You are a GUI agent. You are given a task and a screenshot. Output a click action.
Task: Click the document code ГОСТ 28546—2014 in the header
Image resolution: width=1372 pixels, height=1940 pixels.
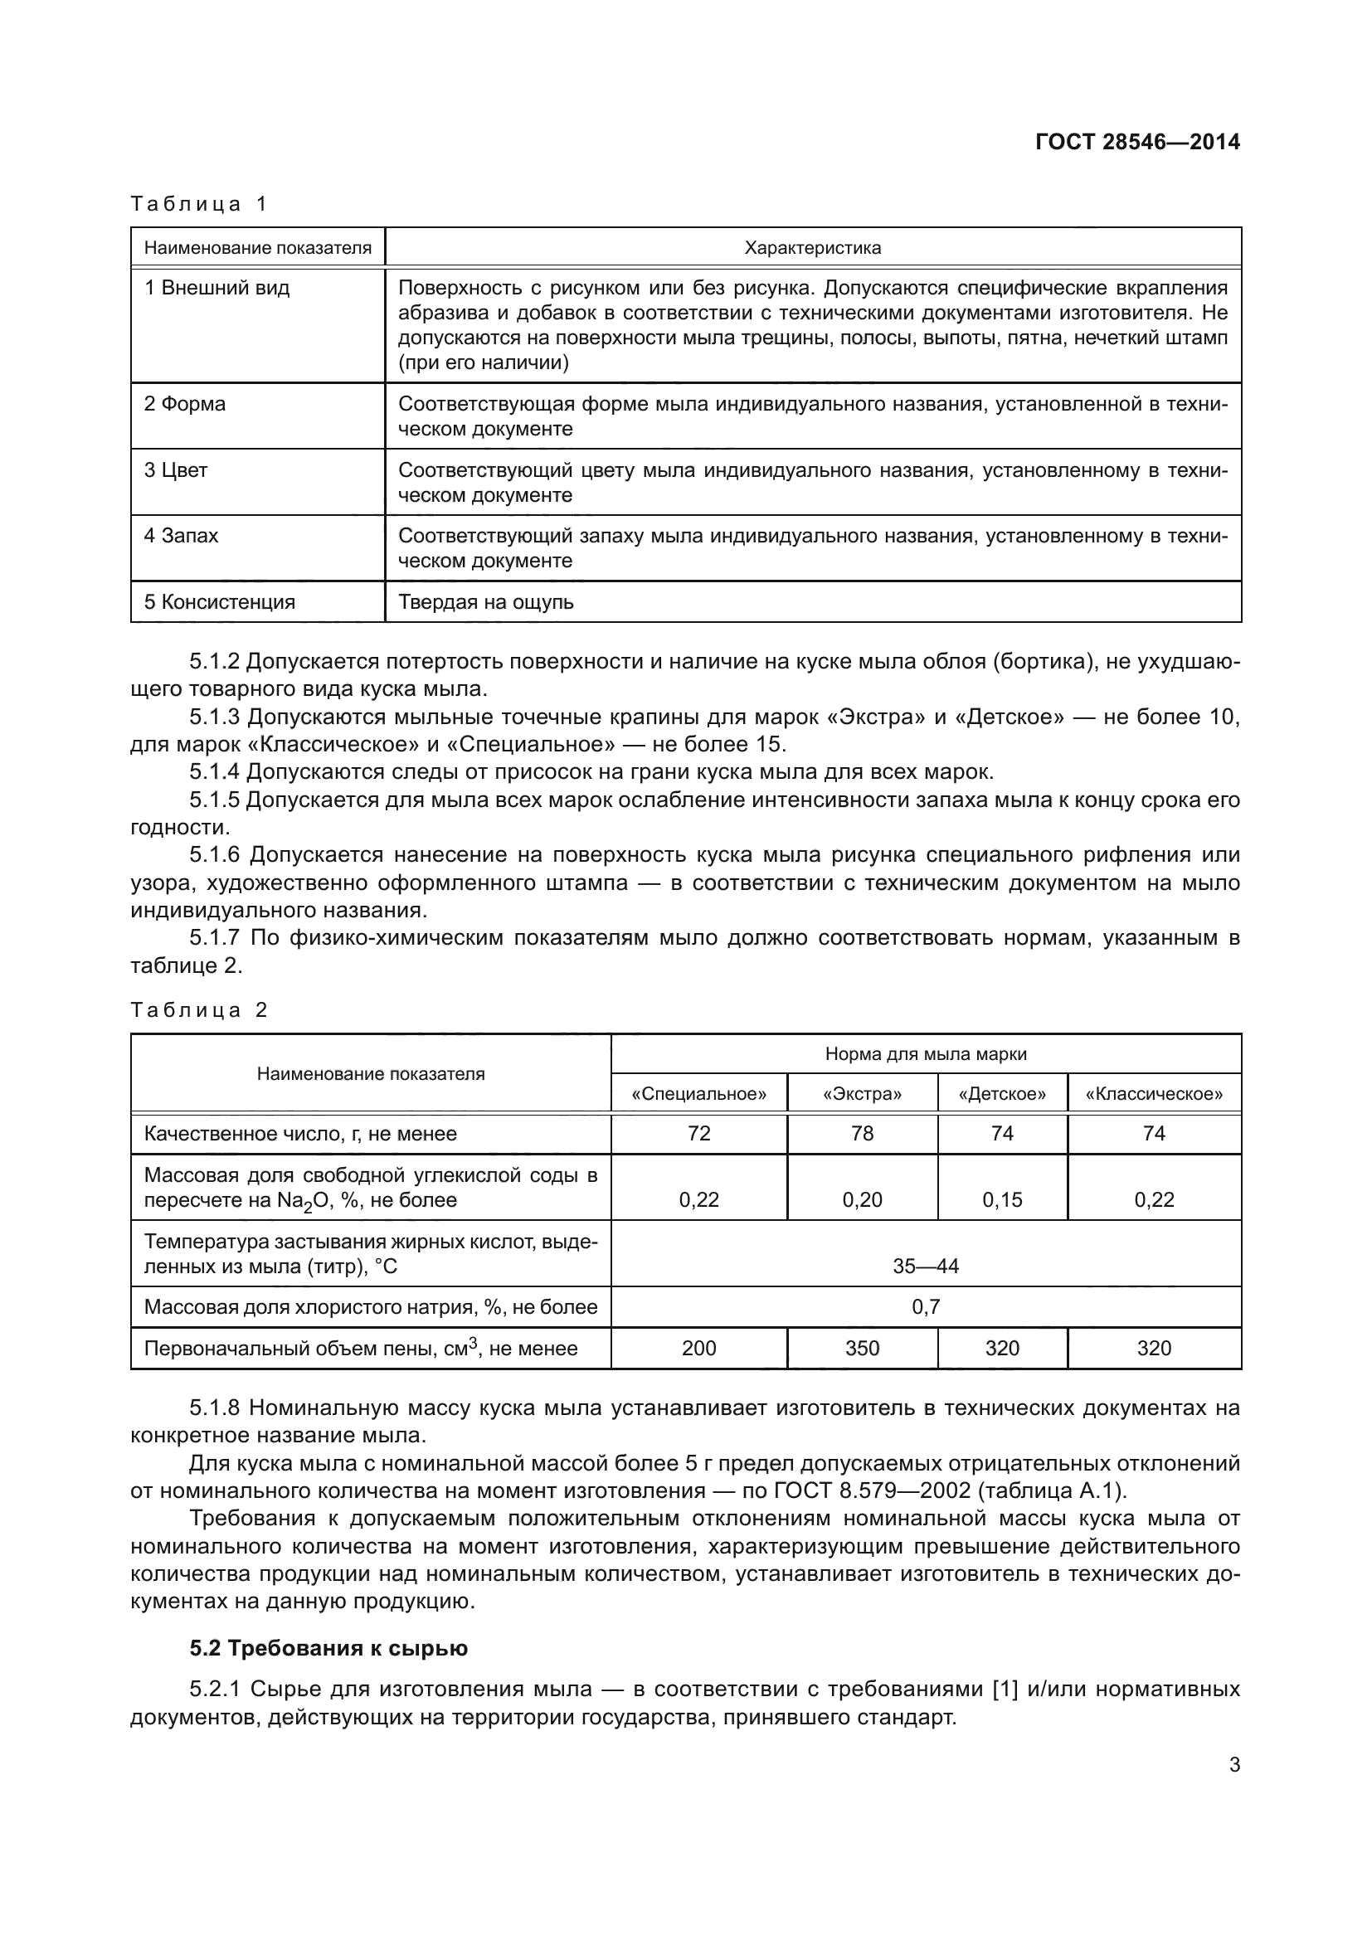coord(1137,141)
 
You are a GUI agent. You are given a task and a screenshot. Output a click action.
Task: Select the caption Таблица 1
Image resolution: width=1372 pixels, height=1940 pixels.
coord(198,204)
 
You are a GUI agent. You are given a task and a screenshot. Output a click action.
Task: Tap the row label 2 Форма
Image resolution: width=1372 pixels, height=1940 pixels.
coord(185,404)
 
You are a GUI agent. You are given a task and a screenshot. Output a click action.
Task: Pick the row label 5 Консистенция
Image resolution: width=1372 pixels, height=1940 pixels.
coord(220,602)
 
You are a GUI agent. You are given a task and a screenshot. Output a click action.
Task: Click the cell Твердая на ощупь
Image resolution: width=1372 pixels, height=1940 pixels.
coord(486,602)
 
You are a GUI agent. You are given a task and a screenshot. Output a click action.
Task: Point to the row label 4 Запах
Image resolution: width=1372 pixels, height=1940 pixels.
coord(181,536)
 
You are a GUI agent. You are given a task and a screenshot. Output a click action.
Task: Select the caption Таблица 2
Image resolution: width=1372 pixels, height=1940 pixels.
coord(198,1009)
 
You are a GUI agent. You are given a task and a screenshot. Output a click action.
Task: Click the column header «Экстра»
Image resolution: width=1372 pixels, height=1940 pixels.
coord(862,1094)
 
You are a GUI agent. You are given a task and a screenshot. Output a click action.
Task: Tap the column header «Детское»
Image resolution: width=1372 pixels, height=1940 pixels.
coord(1002,1094)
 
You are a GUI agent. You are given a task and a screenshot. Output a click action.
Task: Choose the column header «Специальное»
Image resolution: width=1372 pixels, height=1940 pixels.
coord(698,1094)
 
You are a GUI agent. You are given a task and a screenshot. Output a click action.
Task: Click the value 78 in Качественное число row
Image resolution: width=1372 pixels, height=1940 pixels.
coord(862,1134)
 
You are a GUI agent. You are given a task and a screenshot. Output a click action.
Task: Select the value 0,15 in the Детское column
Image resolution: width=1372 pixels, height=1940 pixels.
coord(1002,1200)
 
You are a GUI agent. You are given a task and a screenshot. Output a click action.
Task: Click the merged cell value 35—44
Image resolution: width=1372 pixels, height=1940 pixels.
coord(926,1266)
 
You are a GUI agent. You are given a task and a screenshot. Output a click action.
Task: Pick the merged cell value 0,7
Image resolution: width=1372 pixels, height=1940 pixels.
coord(926,1307)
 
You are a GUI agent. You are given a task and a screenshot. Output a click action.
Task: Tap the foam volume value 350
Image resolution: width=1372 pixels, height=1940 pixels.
coord(862,1349)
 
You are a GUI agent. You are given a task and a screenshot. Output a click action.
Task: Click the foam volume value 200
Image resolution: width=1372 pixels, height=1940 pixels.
coord(698,1349)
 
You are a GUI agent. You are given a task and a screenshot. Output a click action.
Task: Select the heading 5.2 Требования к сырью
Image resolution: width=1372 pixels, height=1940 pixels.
coord(328,1649)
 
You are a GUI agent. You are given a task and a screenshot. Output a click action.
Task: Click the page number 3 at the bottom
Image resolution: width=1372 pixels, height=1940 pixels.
coord(1234,1765)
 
